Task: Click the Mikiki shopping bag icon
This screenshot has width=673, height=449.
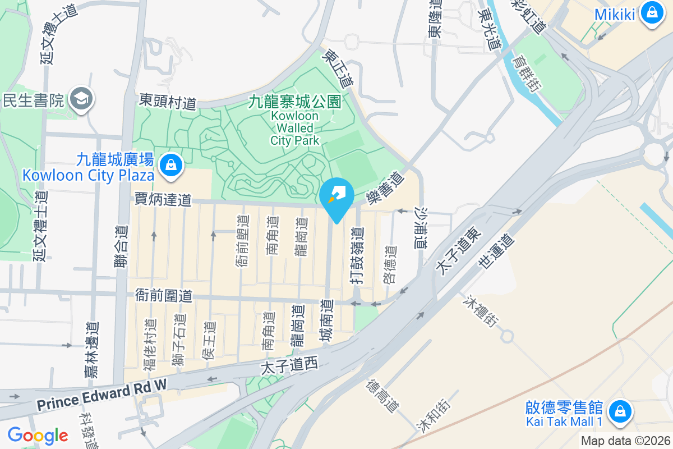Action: pos(652,12)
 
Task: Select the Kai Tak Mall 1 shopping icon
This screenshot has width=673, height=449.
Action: pos(620,411)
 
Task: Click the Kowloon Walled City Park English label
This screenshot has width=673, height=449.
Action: pos(294,128)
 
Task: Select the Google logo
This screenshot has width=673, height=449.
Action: pos(38,436)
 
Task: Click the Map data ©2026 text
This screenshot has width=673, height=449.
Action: pos(625,441)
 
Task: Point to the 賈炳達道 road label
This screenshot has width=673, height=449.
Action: pos(163,199)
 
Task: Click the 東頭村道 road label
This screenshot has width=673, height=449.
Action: pos(168,102)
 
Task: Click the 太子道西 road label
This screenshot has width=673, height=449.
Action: pos(289,366)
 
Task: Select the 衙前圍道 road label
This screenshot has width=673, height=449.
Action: pos(164,295)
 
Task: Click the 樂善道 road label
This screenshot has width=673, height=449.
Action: pos(385,189)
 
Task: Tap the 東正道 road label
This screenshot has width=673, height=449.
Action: pos(339,67)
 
